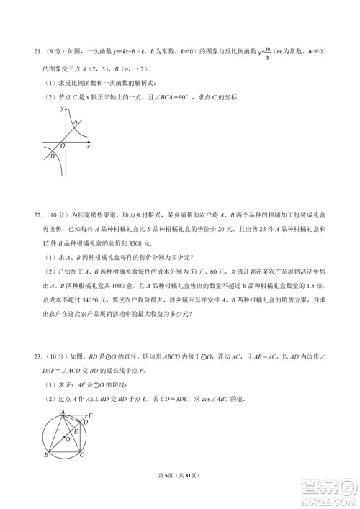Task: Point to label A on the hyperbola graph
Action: point(76,121)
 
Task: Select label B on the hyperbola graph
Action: point(51,155)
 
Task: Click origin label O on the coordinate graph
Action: point(63,145)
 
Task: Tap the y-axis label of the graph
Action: point(63,107)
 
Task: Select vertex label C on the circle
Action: point(81,456)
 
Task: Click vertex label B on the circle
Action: point(45,456)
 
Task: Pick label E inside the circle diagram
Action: point(76,431)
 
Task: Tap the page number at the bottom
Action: point(179,488)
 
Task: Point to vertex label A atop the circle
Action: point(62,411)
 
